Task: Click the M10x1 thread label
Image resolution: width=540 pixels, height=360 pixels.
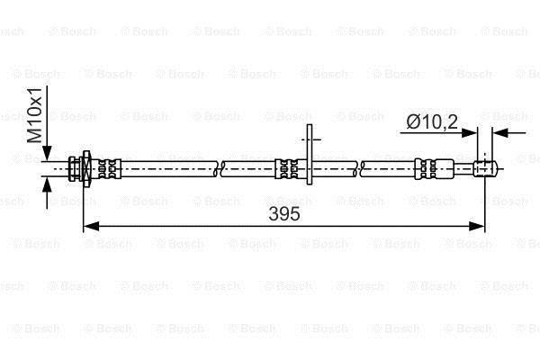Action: coord(34,115)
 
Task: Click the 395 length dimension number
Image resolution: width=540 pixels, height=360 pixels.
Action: coord(284,214)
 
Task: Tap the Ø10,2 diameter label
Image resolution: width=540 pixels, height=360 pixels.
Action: coord(432,122)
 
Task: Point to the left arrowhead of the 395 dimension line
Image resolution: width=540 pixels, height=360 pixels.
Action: coord(91,226)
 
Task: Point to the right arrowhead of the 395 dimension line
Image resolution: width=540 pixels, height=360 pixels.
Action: coord(477,226)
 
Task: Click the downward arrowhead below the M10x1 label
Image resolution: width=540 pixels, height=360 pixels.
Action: coord(47,153)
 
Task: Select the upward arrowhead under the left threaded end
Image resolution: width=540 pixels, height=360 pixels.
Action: coord(47,184)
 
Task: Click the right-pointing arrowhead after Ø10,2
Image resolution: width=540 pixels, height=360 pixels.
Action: coord(470,132)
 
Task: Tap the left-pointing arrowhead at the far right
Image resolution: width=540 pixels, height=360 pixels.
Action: coord(500,132)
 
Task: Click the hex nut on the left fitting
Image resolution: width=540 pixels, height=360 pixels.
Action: coord(86,169)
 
